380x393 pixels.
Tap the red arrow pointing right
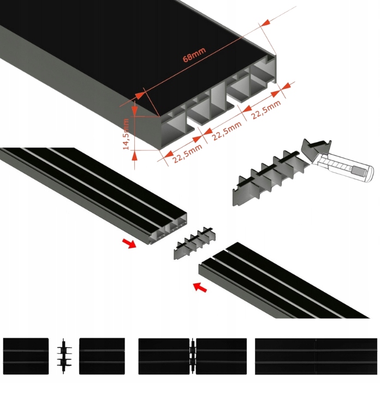click(x=129, y=243)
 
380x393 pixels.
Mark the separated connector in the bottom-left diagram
click(x=63, y=355)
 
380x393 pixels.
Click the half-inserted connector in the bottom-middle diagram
click(x=192, y=355)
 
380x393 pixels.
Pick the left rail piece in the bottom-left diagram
click(x=26, y=355)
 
